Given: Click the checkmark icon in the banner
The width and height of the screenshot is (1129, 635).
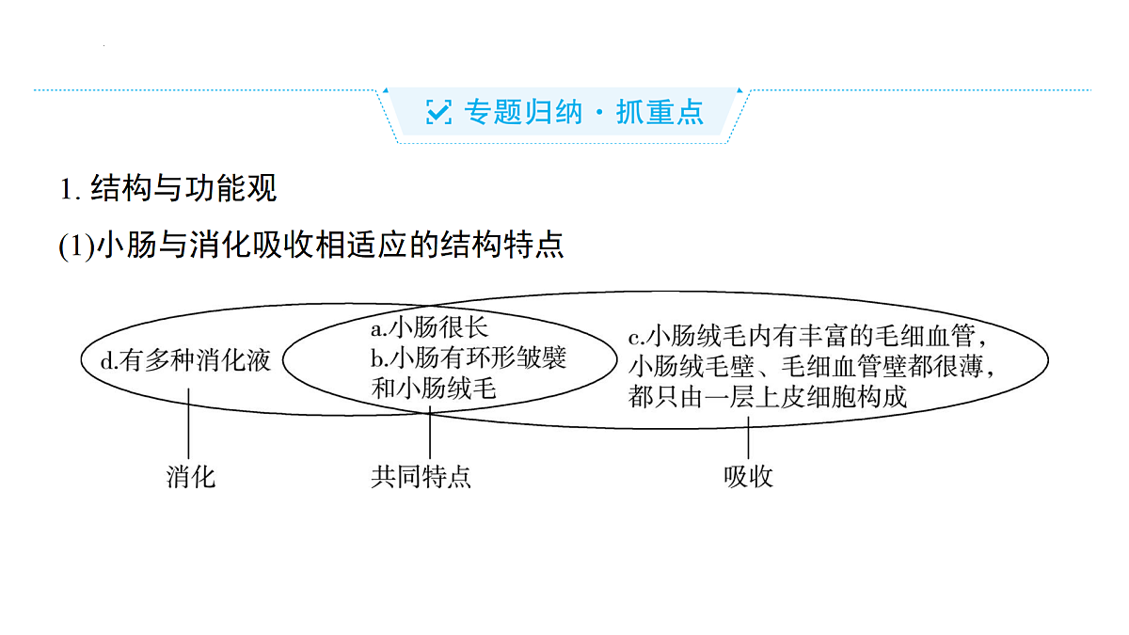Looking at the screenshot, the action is pos(438,111).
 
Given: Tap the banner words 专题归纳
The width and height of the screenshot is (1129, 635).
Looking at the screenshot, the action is pos(523,112).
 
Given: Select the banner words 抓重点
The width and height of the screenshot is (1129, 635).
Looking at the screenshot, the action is pos(660,112).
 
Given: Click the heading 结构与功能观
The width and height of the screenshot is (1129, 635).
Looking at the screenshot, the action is pos(183,188).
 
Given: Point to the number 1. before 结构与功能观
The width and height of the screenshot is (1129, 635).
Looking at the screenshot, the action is pos(70,190).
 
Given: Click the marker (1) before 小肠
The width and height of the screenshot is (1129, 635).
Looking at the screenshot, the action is pos(76,246).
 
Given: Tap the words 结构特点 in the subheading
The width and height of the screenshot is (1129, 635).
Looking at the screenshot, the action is pos(502,245).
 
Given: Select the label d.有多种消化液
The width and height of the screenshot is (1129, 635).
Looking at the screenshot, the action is pos(185,360).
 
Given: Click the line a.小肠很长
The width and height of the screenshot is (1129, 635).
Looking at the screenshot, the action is pos(429,327).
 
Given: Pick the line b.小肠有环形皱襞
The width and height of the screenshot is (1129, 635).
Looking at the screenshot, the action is pos(469,357).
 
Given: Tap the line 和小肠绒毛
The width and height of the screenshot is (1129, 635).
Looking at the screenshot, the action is pos(434,389).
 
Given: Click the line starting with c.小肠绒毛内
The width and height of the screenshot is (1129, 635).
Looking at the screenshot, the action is pos(807,336).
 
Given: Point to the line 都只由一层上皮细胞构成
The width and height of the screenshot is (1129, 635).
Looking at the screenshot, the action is pos(768,397).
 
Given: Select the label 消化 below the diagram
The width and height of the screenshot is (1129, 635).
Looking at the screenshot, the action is pos(191,477).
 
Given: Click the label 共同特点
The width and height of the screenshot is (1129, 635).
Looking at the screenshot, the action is pos(421,477).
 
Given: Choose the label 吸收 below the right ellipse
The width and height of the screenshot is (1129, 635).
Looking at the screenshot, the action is pos(748,477).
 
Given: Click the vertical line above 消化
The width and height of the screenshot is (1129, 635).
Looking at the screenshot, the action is pos(188,423).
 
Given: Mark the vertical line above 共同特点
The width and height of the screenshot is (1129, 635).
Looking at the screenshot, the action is pos(430,433).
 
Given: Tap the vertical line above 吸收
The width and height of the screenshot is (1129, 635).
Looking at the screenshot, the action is pos(749,437).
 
